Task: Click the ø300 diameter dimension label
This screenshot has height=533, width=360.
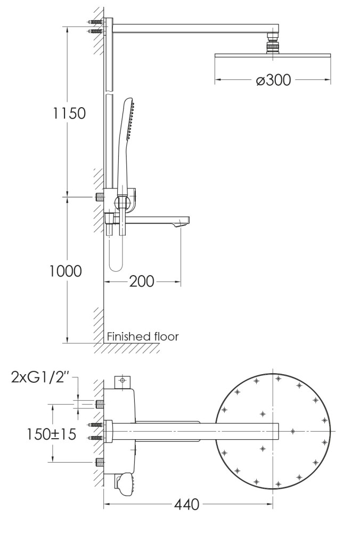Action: (x=273, y=80)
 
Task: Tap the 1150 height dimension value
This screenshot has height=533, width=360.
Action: (x=69, y=113)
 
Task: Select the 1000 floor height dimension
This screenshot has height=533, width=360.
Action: (x=66, y=271)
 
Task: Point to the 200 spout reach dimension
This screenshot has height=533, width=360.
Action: (x=142, y=281)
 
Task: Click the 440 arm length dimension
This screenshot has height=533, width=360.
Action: (x=187, y=504)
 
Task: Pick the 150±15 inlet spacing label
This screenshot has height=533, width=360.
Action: (x=52, y=434)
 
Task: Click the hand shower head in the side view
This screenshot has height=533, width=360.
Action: (x=129, y=118)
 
